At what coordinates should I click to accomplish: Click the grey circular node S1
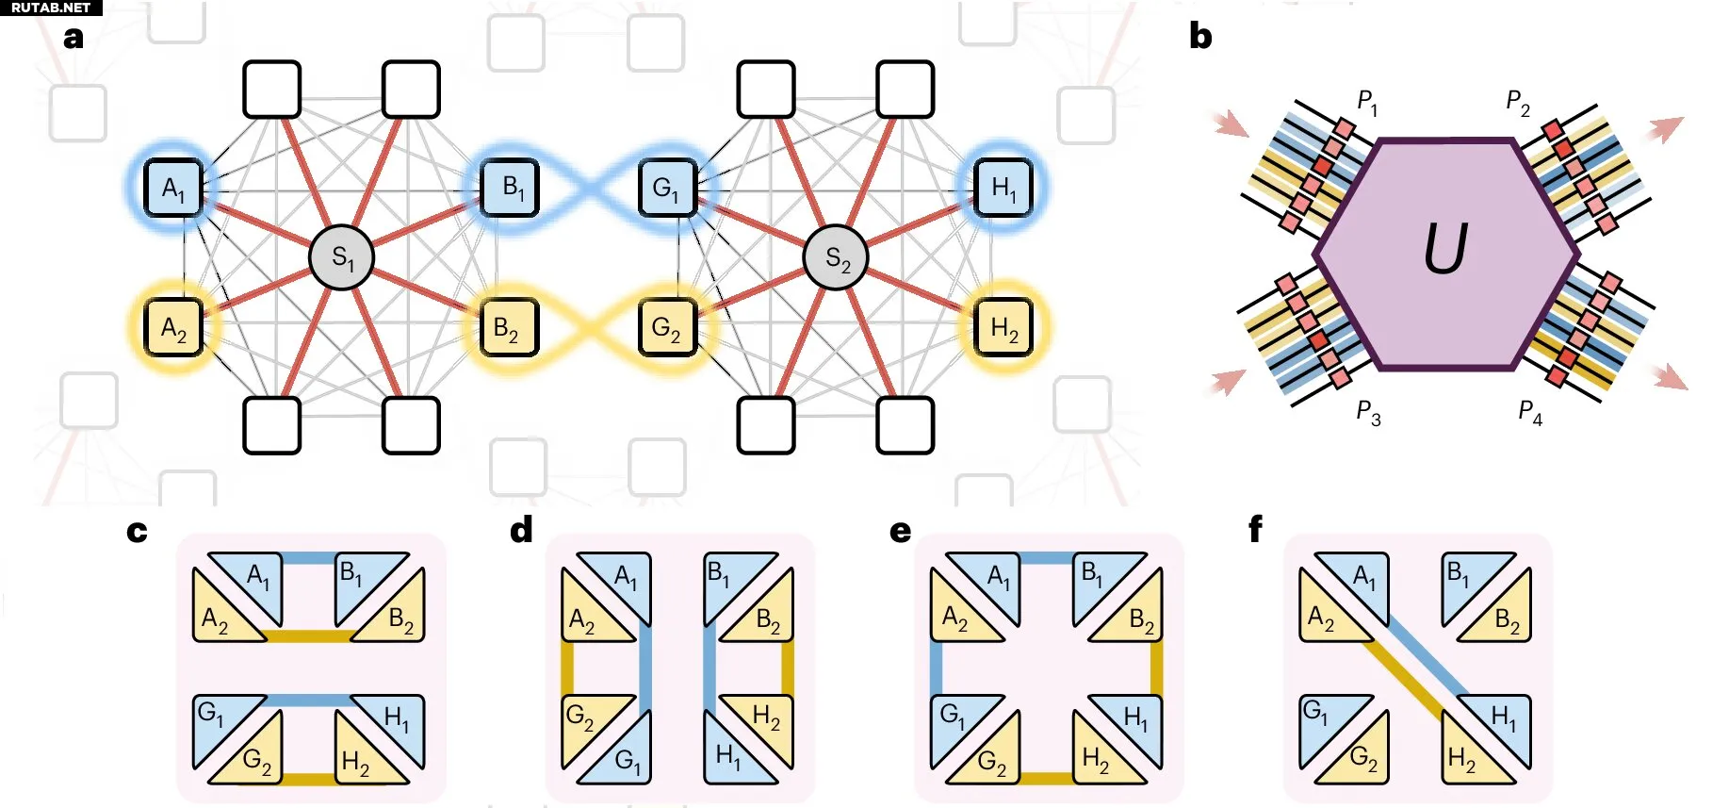pyautogui.click(x=342, y=257)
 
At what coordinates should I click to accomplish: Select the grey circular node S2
pyautogui.click(x=836, y=257)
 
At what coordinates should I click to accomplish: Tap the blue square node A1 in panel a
pyautogui.click(x=173, y=188)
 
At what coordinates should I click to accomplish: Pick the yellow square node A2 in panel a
pyautogui.click(x=173, y=327)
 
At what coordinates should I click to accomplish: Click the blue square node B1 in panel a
pyautogui.click(x=510, y=188)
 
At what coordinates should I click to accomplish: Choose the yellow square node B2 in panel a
pyautogui.click(x=510, y=327)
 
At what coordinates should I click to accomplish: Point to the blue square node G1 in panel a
pyautogui.click(x=667, y=188)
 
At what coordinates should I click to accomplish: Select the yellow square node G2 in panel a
pyautogui.click(x=667, y=327)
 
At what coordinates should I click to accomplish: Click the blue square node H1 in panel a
pyautogui.click(x=1003, y=188)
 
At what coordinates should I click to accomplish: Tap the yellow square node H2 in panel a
pyautogui.click(x=1003, y=327)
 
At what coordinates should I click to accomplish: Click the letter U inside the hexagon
pyautogui.click(x=1445, y=249)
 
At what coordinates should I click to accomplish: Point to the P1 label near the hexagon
pyautogui.click(x=1367, y=101)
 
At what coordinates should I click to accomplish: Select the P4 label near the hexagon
pyautogui.click(x=1530, y=412)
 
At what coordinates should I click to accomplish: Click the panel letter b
pyautogui.click(x=1200, y=36)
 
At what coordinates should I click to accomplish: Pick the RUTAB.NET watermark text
pyautogui.click(x=51, y=8)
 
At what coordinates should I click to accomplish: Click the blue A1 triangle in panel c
pyautogui.click(x=255, y=577)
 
